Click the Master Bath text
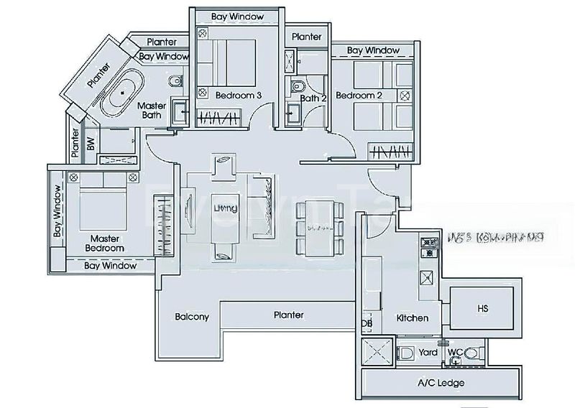152,111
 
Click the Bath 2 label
314,98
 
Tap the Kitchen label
412,318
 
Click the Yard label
429,353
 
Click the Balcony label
191,316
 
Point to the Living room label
226,208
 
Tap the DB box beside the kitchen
366,325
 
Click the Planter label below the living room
288,315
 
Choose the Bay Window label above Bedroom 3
238,16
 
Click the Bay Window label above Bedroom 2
373,50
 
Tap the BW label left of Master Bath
91,144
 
